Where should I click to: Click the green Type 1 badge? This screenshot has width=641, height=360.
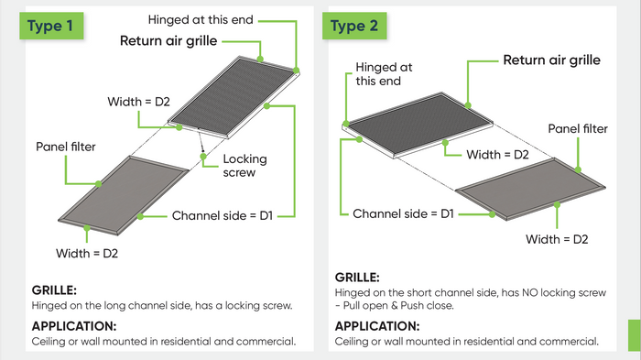click(51, 26)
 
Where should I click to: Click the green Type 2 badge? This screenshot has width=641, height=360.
click(354, 26)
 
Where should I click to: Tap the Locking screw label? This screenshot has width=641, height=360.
click(244, 165)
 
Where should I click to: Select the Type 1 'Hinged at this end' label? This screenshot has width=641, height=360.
click(201, 19)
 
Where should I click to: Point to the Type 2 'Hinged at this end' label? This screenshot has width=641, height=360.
click(384, 74)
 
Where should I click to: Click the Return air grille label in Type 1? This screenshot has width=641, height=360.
click(168, 41)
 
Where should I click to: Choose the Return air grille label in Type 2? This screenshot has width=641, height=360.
click(552, 60)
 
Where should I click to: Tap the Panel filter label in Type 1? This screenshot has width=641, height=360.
click(66, 147)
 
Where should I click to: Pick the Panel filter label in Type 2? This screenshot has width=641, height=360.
click(578, 128)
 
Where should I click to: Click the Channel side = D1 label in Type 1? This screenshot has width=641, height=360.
click(222, 215)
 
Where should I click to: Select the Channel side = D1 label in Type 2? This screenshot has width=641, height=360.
click(403, 213)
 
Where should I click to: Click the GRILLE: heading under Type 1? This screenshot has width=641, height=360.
click(54, 290)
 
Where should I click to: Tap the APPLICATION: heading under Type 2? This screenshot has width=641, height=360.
click(377, 326)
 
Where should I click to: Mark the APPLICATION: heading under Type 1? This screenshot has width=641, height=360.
click(74, 326)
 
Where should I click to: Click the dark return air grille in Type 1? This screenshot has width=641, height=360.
click(234, 96)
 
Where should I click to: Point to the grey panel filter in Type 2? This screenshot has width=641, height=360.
click(530, 189)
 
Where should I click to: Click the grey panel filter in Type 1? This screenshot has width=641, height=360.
click(124, 195)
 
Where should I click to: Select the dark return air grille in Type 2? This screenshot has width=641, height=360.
click(418, 125)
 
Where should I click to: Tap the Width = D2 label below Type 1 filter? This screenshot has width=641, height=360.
click(87, 253)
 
